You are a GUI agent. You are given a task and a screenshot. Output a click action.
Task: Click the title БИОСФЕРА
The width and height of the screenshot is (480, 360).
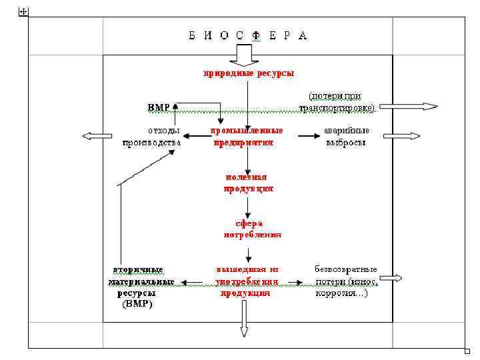[247, 35]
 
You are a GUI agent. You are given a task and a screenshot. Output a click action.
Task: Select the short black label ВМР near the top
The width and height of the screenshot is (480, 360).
[159, 107]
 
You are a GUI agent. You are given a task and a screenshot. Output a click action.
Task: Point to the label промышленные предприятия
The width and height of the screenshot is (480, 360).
[247, 136]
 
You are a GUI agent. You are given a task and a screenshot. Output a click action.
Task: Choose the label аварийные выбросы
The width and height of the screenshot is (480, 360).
[345, 136]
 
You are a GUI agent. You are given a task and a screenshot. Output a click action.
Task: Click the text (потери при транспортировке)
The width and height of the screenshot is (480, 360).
[337, 101]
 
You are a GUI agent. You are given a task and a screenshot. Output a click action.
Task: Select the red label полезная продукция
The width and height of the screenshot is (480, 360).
[247, 183]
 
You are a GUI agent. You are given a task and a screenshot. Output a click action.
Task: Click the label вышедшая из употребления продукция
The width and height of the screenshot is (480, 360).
[246, 281]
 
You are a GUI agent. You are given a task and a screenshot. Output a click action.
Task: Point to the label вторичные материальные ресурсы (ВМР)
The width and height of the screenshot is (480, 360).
[138, 287]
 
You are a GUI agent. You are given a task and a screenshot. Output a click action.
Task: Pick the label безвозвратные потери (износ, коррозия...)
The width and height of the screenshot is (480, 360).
[345, 281]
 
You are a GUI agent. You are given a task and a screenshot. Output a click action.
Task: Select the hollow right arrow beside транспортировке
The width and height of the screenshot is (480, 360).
[418, 106]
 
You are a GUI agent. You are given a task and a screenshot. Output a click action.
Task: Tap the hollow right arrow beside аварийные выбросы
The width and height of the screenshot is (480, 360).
[411, 136]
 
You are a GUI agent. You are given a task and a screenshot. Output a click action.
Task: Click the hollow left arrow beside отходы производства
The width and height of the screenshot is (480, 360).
[93, 136]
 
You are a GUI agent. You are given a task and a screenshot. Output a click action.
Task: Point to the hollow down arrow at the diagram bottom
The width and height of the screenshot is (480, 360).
[243, 319]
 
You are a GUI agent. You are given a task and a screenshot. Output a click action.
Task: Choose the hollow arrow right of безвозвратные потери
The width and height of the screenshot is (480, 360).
[395, 278]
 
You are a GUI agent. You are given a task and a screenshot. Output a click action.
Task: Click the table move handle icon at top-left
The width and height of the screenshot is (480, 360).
[24, 13]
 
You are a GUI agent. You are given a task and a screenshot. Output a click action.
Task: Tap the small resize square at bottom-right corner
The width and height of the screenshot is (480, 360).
[467, 351]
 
